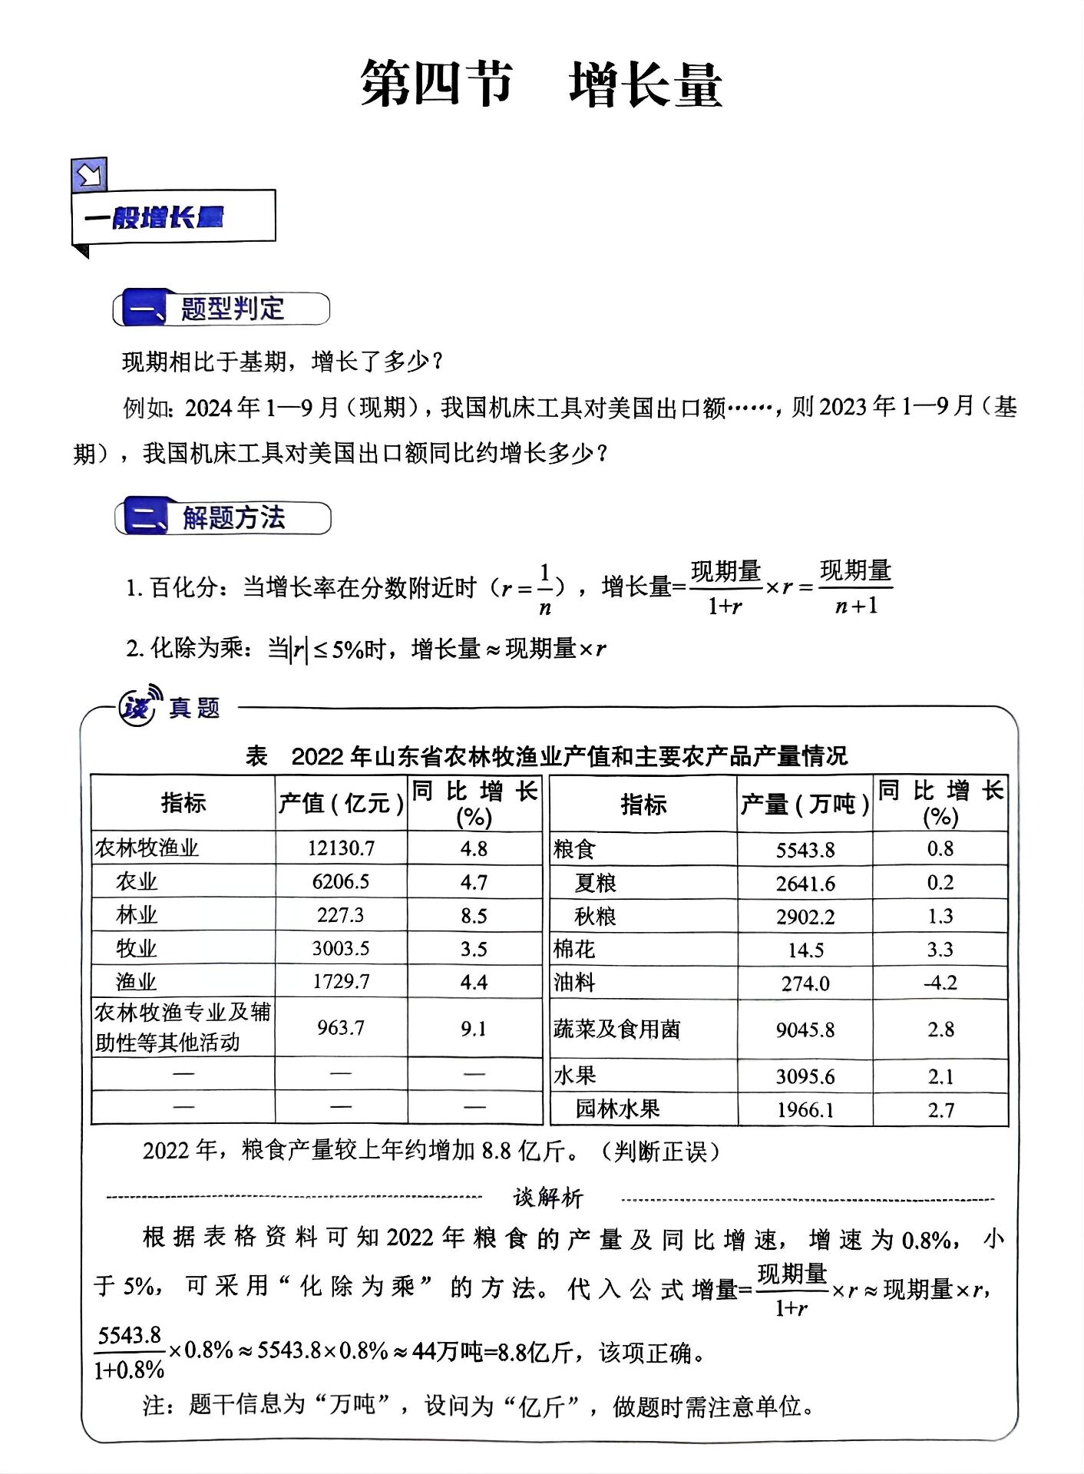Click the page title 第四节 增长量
[541, 84]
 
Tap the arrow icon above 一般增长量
[89, 175]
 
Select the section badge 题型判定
[222, 309]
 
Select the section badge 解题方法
[223, 518]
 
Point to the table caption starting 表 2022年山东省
[546, 756]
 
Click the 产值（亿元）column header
[340, 803]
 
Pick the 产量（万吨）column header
[804, 805]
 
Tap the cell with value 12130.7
[341, 848]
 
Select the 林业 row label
[136, 915]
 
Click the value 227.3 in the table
[340, 915]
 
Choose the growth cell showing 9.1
[474, 1028]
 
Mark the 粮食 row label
[574, 849]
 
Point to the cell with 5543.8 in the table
[805, 850]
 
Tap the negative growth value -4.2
[940, 983]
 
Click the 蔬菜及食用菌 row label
[616, 1029]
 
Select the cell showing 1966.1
[805, 1109]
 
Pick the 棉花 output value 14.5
[805, 950]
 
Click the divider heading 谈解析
[548, 1198]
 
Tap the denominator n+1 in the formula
[855, 606]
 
